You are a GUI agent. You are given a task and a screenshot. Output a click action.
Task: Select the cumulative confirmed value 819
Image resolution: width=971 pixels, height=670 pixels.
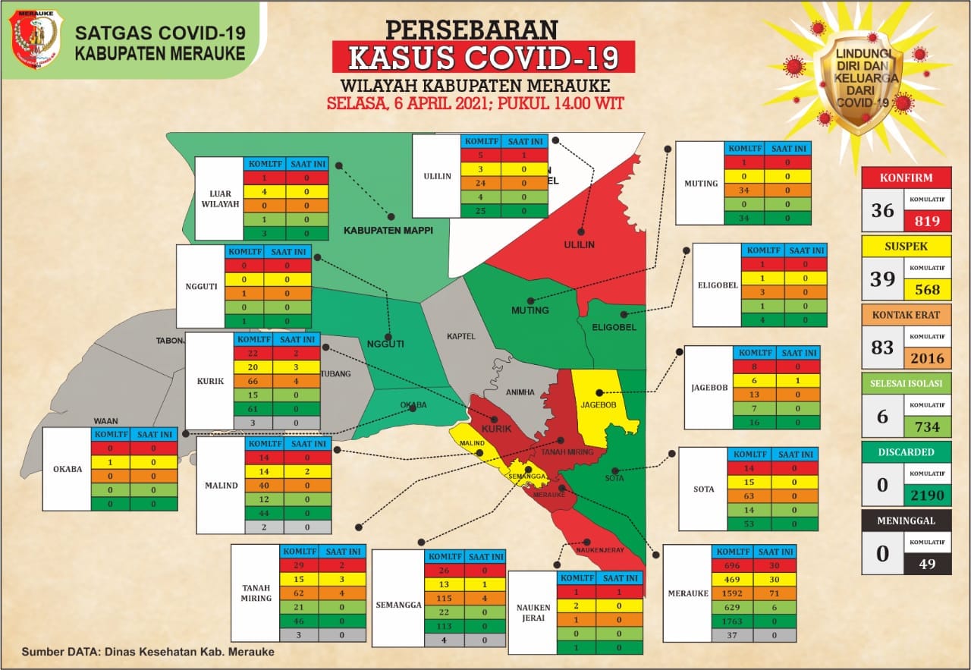(x=926, y=222)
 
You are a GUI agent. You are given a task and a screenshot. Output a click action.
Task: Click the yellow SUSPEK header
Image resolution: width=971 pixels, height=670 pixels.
(x=906, y=246)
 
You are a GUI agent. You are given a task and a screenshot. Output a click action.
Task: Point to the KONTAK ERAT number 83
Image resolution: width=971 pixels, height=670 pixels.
(x=882, y=348)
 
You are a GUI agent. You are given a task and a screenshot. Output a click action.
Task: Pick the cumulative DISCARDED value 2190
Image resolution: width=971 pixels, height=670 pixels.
(x=926, y=496)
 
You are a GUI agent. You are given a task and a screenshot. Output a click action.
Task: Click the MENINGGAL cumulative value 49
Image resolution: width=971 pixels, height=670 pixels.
(x=926, y=563)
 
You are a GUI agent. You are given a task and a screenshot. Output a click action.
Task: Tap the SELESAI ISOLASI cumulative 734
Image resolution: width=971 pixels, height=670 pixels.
(x=926, y=427)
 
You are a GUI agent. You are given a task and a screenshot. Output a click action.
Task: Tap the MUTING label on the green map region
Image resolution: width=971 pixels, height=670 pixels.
(x=530, y=310)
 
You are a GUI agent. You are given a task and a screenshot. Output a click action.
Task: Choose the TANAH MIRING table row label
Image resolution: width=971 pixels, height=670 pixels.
(x=256, y=593)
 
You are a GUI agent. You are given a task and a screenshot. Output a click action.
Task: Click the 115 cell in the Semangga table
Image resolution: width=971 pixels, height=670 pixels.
(x=445, y=598)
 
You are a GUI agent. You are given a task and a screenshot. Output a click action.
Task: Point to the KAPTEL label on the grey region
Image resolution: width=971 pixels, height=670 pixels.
(x=460, y=335)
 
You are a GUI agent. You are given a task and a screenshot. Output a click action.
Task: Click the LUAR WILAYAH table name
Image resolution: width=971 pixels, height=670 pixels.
(x=219, y=199)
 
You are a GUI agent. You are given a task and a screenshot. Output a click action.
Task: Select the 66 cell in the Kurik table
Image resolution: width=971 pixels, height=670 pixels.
(x=253, y=381)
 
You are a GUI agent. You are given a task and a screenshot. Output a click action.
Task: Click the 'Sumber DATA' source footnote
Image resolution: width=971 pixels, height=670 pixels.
(x=148, y=651)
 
